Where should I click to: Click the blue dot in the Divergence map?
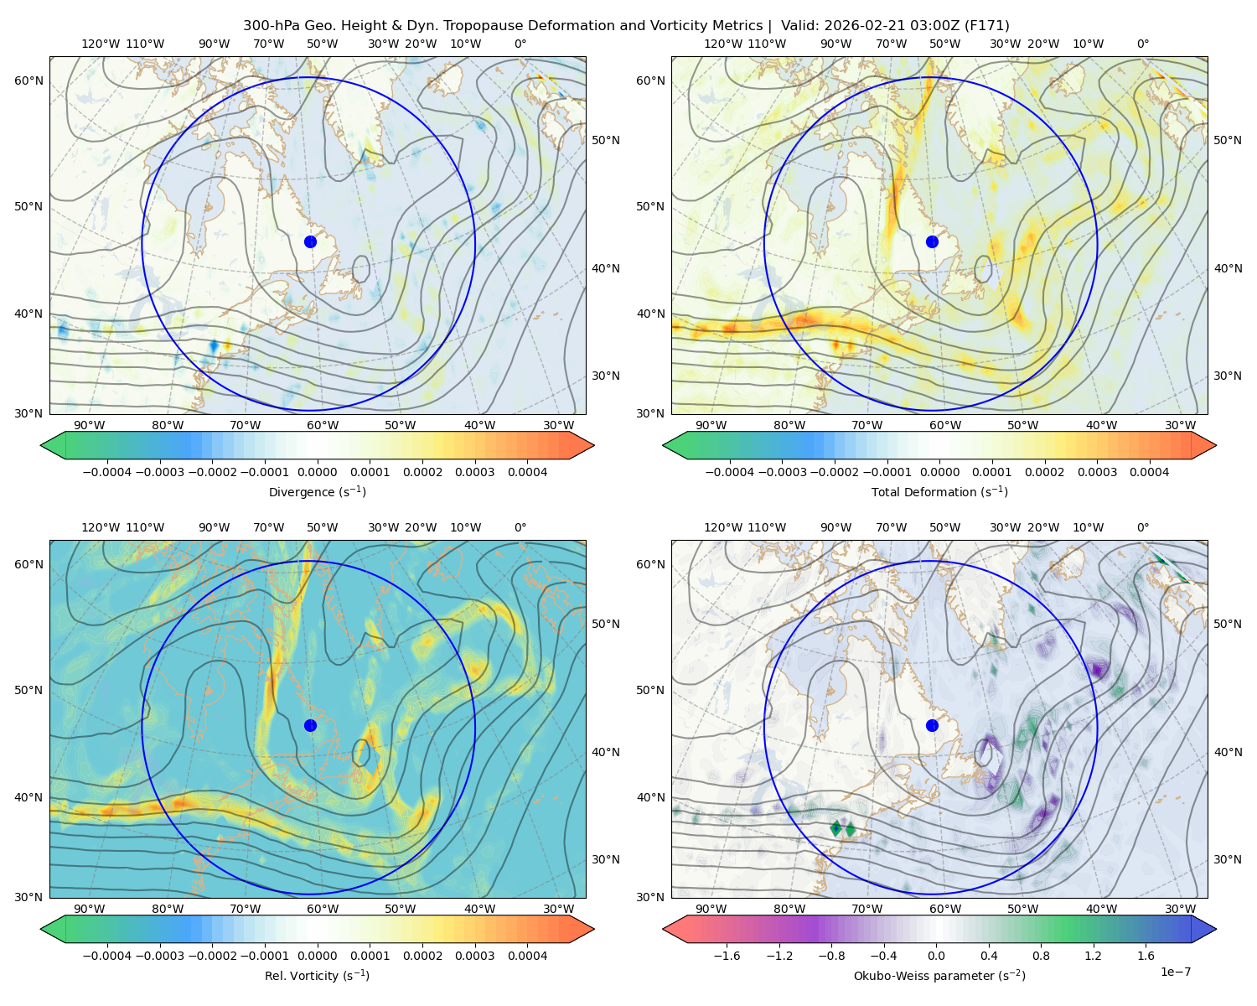(310, 241)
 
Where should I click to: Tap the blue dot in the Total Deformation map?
(932, 241)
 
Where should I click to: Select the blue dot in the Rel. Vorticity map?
(310, 725)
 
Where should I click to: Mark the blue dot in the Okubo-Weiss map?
(932, 725)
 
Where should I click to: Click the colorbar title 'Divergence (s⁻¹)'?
(317, 491)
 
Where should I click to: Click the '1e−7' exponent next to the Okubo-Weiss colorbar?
(1175, 972)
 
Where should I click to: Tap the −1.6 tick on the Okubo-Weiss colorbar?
(727, 955)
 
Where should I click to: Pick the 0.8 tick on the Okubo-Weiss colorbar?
(1041, 955)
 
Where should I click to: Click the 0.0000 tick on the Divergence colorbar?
(317, 472)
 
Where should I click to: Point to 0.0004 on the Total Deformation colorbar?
(1149, 472)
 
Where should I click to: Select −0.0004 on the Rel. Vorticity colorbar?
(107, 955)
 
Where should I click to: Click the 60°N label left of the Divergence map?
(28, 80)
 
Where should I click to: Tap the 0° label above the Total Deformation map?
(1142, 44)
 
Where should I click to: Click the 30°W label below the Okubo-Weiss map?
(1180, 909)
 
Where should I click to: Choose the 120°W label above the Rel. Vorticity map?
(101, 527)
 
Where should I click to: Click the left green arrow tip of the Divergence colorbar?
(41, 445)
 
